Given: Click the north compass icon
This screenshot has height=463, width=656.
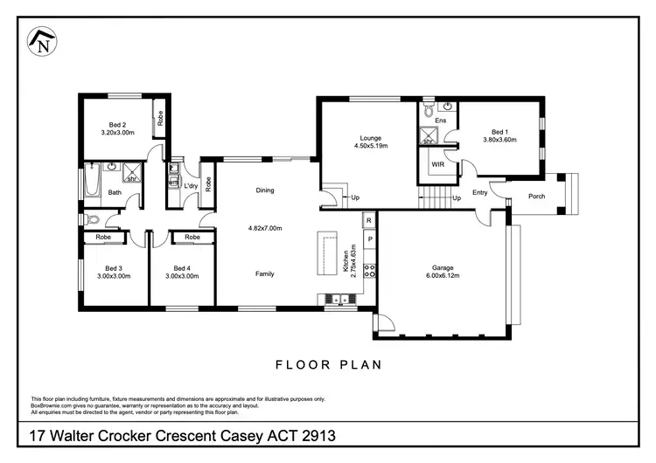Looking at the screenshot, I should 41,43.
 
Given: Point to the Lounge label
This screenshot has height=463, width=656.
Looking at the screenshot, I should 370,137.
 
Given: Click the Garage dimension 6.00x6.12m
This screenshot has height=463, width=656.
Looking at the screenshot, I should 441,275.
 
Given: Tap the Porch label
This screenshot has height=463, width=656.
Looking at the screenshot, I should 537,196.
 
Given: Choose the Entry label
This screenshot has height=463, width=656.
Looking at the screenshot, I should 480,192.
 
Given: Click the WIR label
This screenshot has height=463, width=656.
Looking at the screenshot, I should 436,163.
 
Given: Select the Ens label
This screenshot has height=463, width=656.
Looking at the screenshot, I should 441,119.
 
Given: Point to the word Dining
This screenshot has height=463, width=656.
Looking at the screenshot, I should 265,190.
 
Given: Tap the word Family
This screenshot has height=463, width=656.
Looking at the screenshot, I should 264,273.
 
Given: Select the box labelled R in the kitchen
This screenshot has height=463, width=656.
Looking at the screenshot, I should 369,221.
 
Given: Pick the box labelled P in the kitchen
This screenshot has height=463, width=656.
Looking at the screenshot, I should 369,238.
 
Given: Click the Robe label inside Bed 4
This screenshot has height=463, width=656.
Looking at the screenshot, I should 192,237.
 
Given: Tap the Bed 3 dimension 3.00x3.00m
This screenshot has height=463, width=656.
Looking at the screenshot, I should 114,275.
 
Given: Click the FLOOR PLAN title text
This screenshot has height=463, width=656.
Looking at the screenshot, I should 328,364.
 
